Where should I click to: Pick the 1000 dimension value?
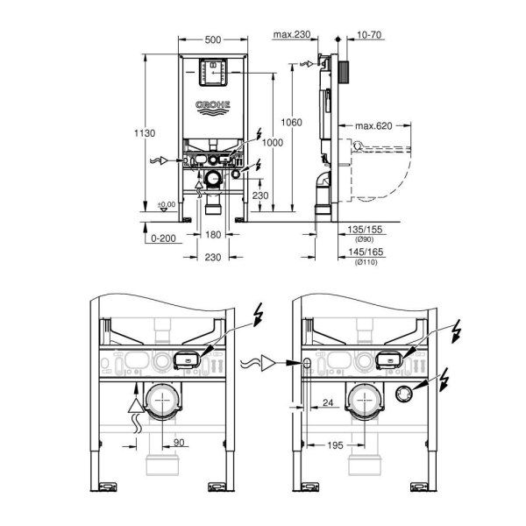pos(274,143)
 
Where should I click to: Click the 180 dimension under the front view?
pos(211,236)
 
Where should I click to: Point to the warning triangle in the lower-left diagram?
pos(134,404)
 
